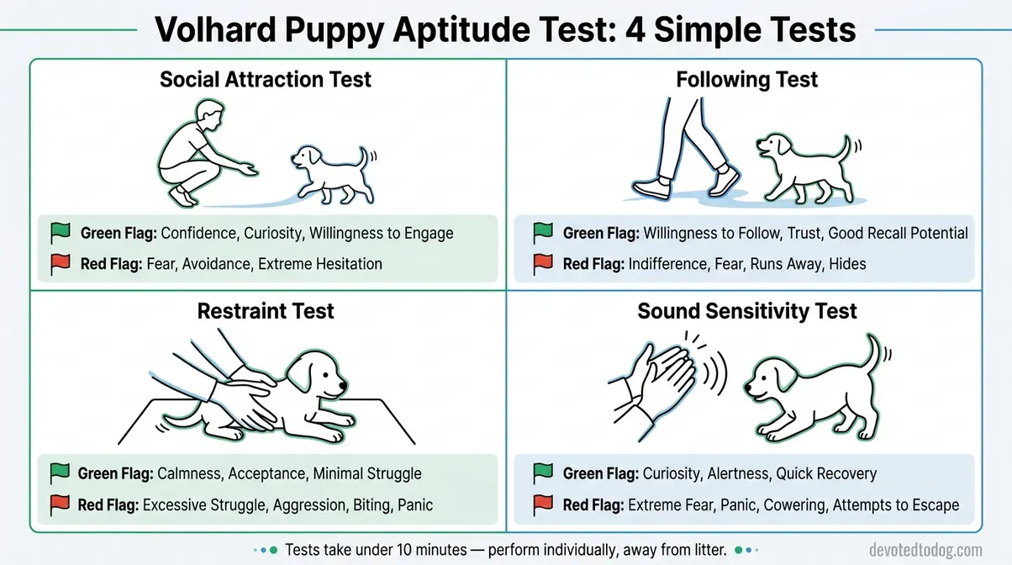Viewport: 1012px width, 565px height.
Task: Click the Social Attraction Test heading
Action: pyautogui.click(x=266, y=80)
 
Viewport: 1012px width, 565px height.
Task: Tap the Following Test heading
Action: pyautogui.click(x=746, y=80)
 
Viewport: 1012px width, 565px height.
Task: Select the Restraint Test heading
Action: pyautogui.click(x=266, y=311)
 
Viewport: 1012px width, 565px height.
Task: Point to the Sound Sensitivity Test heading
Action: pyautogui.click(x=746, y=311)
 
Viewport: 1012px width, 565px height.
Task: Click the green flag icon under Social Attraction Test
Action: pyautogui.click(x=60, y=233)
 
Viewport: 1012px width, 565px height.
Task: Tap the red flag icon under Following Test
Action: pyautogui.click(x=543, y=264)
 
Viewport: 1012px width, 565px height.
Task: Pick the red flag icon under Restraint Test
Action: pyautogui.click(x=60, y=504)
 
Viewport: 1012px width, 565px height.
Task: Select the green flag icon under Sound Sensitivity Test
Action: pyautogui.click(x=543, y=473)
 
